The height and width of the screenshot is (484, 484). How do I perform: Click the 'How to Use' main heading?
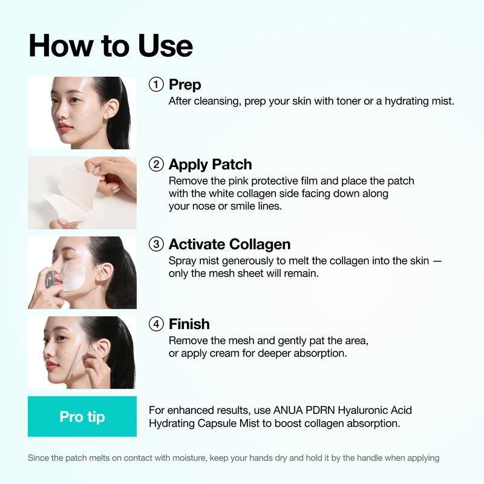coord(111,47)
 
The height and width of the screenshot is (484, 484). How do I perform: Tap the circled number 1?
coord(156,85)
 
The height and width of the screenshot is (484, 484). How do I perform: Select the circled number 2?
coord(156,165)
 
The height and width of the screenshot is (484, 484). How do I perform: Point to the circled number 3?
coord(156,244)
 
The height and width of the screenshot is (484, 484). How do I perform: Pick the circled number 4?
coord(156,324)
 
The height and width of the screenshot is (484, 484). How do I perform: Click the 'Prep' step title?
coord(185,85)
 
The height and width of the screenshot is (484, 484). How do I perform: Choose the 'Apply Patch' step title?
coord(210,165)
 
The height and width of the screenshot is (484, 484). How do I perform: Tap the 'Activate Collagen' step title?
coord(229,244)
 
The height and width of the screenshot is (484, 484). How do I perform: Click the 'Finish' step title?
coord(189,324)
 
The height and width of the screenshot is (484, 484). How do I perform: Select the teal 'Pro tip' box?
coord(82,417)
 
